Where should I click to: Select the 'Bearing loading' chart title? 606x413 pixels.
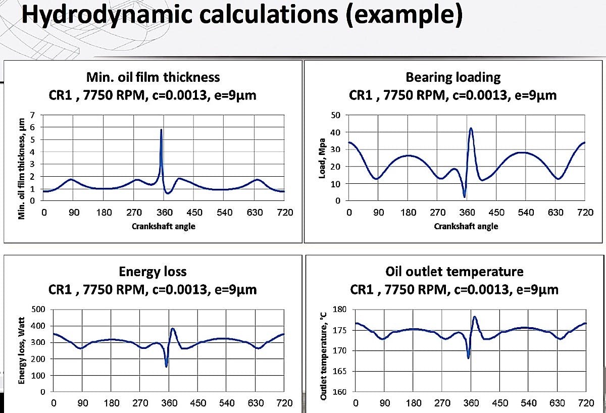(453, 77)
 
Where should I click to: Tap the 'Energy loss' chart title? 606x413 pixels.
(153, 272)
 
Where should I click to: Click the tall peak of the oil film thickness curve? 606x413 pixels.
(161, 130)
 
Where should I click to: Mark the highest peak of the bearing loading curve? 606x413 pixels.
(471, 128)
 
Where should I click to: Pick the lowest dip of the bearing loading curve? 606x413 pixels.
(465, 196)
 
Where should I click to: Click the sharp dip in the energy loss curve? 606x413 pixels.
(166, 366)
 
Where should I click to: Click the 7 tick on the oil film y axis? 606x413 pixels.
(33, 115)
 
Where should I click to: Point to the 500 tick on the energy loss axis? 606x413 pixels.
(39, 309)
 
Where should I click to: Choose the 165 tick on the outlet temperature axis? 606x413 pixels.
(340, 372)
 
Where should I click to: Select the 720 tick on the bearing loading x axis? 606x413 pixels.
(585, 213)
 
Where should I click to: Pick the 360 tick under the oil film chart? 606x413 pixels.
(164, 213)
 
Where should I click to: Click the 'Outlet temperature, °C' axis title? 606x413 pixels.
(323, 356)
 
